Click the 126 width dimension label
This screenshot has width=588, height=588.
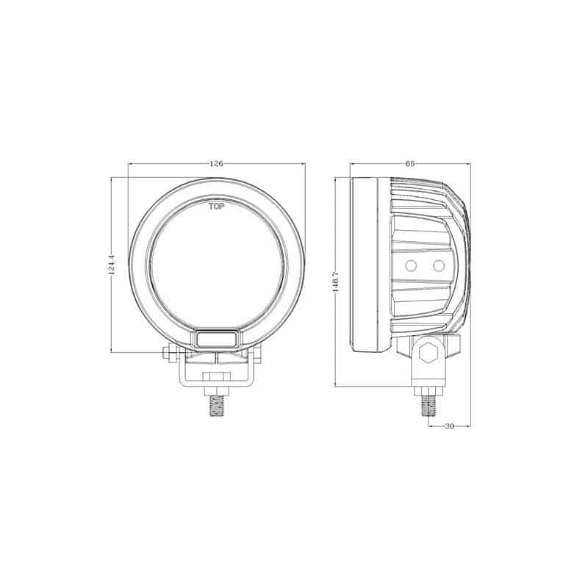click(x=216, y=164)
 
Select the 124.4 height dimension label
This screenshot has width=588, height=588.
click(x=111, y=266)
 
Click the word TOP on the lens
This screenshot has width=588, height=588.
click(x=217, y=207)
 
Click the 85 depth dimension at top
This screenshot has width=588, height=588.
click(x=409, y=164)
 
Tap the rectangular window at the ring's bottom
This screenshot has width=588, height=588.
click(x=216, y=338)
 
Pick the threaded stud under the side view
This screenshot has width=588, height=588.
click(x=429, y=405)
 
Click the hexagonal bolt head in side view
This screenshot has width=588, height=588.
click(x=429, y=355)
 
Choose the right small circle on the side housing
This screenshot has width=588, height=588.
click(x=439, y=265)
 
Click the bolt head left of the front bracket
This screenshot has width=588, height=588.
click(x=168, y=354)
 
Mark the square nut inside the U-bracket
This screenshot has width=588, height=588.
click(x=216, y=378)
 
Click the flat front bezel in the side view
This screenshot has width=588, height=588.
click(x=367, y=265)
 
